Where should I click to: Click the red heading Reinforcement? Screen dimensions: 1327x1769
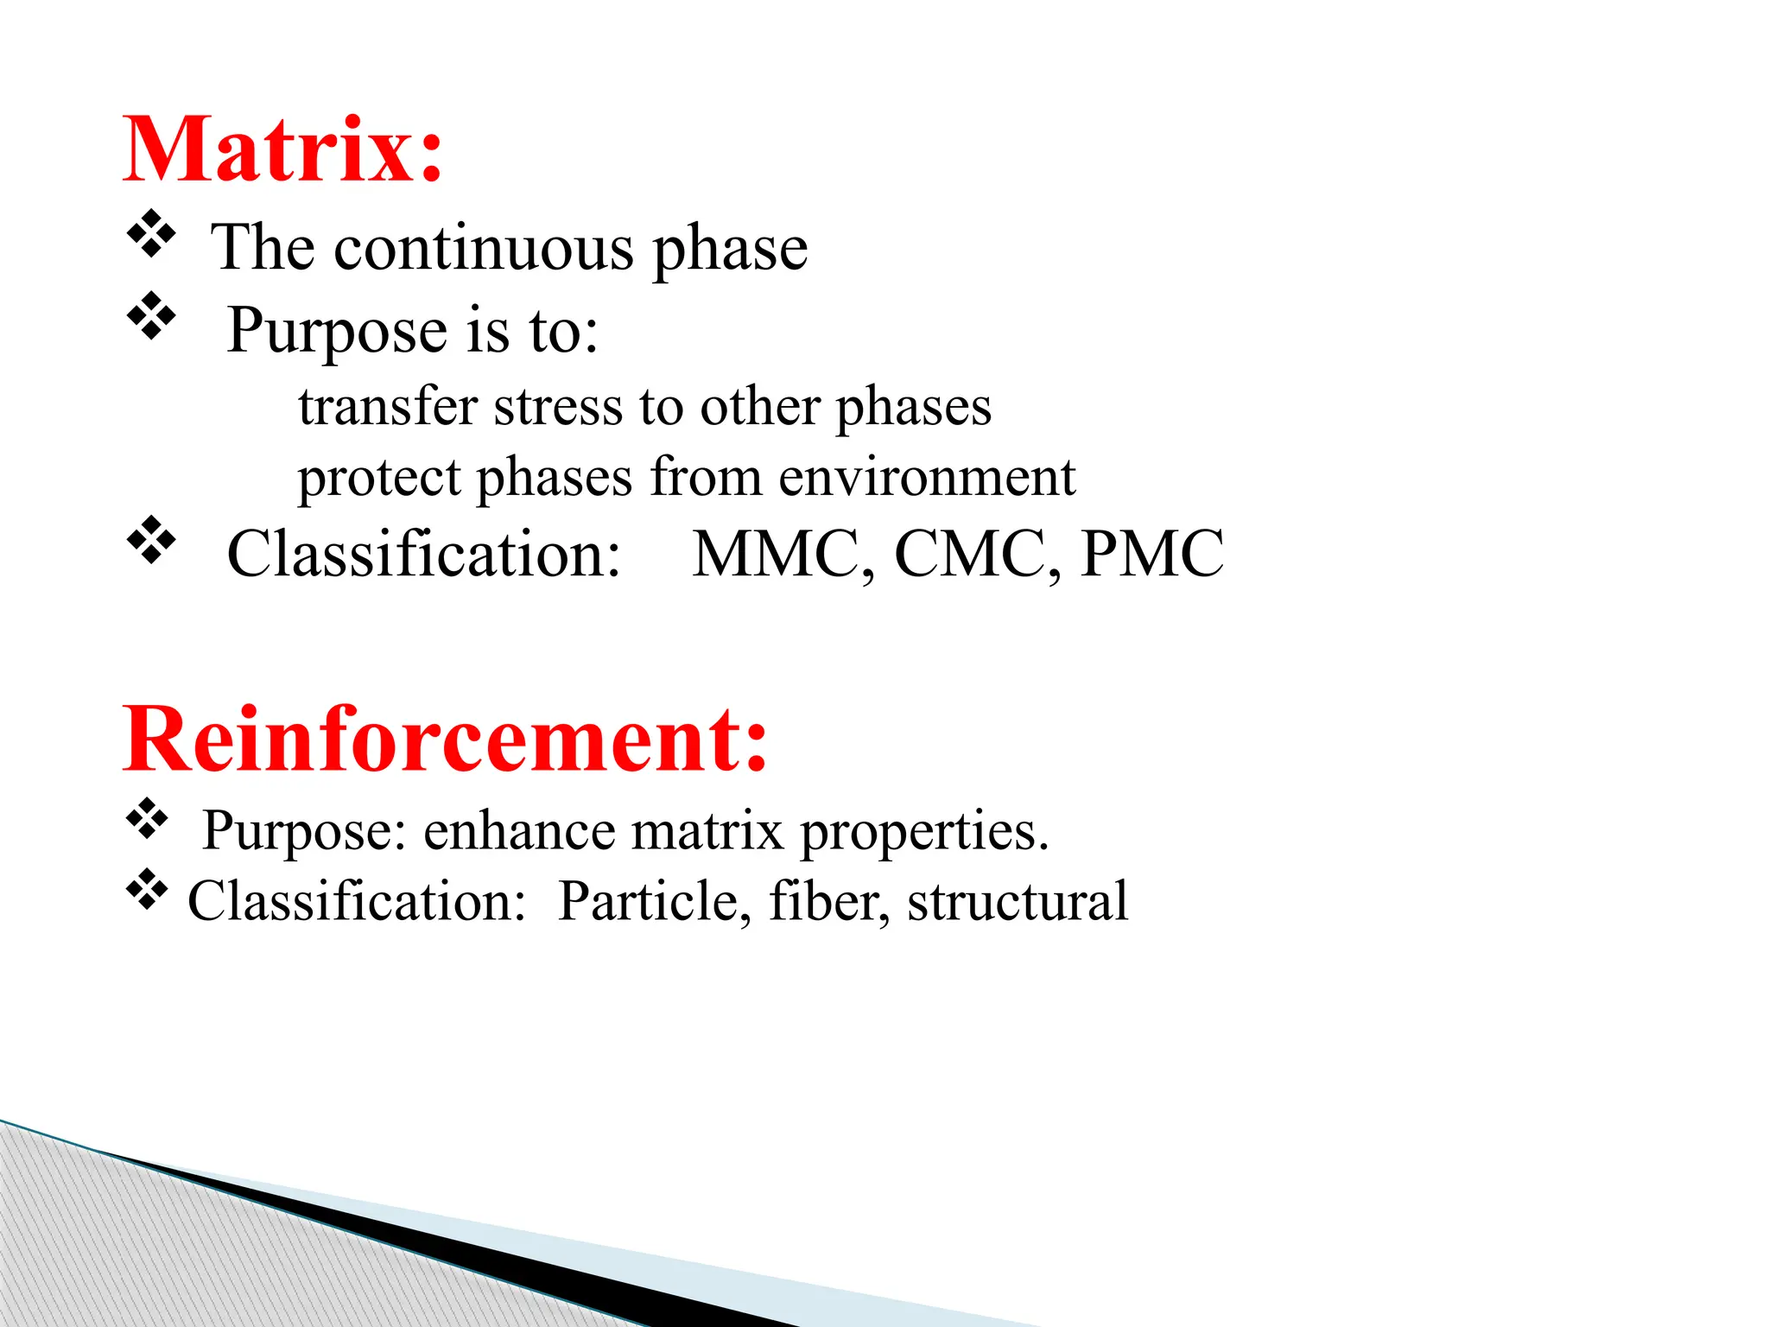(445, 740)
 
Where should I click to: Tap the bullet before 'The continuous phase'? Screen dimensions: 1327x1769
(151, 234)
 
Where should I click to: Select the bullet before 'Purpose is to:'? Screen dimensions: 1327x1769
(151, 316)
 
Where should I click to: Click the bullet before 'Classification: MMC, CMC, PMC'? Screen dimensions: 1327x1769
(151, 540)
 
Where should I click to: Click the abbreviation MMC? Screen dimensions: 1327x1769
(782, 554)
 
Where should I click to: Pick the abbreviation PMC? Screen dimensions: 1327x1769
(1152, 554)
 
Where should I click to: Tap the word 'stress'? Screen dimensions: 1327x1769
(557, 406)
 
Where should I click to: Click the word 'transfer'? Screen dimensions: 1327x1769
(388, 406)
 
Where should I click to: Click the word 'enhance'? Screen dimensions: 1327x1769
(518, 831)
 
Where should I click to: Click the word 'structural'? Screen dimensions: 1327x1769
(1017, 902)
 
